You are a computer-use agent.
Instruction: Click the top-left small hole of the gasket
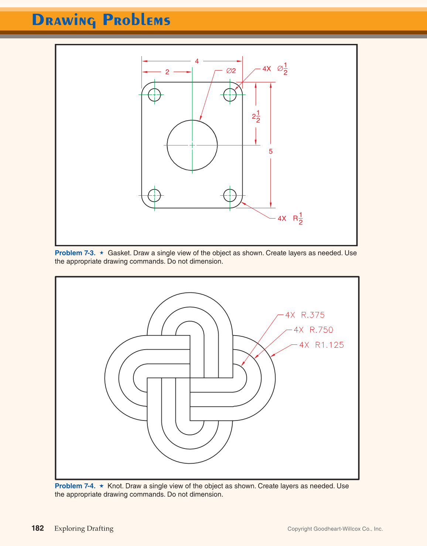(154, 95)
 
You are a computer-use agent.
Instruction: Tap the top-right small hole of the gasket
(230, 95)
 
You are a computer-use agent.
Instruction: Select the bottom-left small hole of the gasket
(154, 195)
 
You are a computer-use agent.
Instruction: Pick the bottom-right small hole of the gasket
(230, 195)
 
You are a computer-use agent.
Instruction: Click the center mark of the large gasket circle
(192, 145)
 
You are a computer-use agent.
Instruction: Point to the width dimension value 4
(197, 61)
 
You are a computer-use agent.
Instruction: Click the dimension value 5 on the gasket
(271, 151)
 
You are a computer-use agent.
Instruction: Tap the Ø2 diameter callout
(231, 71)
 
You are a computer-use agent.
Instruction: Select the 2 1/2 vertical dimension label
(256, 117)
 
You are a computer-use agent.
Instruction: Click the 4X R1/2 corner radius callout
(290, 219)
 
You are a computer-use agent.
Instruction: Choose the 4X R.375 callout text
(305, 315)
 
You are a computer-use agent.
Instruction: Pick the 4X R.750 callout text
(314, 330)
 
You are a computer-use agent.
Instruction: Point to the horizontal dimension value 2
(167, 72)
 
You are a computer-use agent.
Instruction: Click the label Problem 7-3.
(75, 253)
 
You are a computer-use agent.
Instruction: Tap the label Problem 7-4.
(75, 486)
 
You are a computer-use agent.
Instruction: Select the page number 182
(38, 528)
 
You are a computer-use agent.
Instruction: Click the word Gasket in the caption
(119, 253)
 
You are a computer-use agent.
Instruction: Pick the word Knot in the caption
(115, 486)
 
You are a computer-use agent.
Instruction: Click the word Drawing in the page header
(64, 20)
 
